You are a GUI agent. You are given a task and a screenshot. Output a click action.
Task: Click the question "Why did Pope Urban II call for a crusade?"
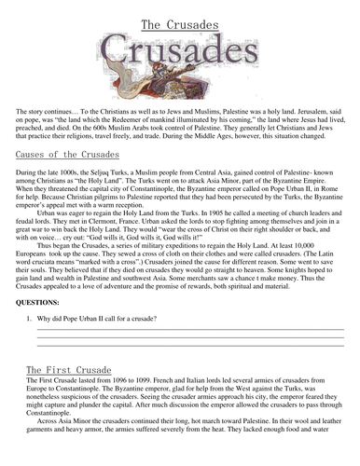(103, 320)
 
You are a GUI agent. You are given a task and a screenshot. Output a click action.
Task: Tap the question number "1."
(30, 320)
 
